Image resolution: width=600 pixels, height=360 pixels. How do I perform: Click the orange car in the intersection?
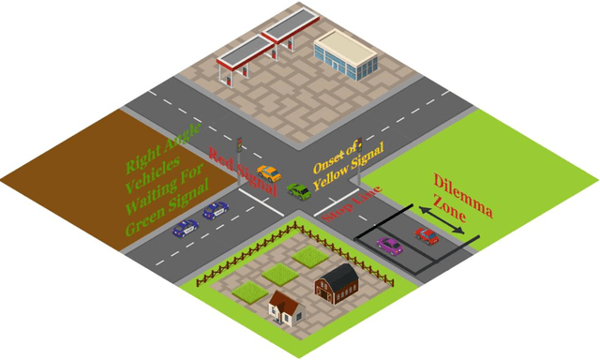point(269,173)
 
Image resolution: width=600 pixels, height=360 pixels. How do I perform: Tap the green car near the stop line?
point(299,191)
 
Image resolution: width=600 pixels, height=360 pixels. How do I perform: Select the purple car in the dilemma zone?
point(389,246)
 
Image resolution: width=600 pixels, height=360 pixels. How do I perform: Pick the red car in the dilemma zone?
point(427,236)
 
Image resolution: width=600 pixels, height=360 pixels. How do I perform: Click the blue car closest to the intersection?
point(216,210)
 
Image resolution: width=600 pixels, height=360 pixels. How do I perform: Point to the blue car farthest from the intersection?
point(186,227)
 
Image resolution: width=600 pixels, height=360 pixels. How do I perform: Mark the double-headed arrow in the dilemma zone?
point(440,222)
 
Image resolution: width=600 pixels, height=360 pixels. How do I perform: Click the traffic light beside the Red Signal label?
point(240,144)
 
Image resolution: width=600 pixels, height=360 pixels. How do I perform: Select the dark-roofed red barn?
point(336,282)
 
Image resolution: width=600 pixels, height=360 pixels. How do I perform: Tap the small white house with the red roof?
point(286,307)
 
